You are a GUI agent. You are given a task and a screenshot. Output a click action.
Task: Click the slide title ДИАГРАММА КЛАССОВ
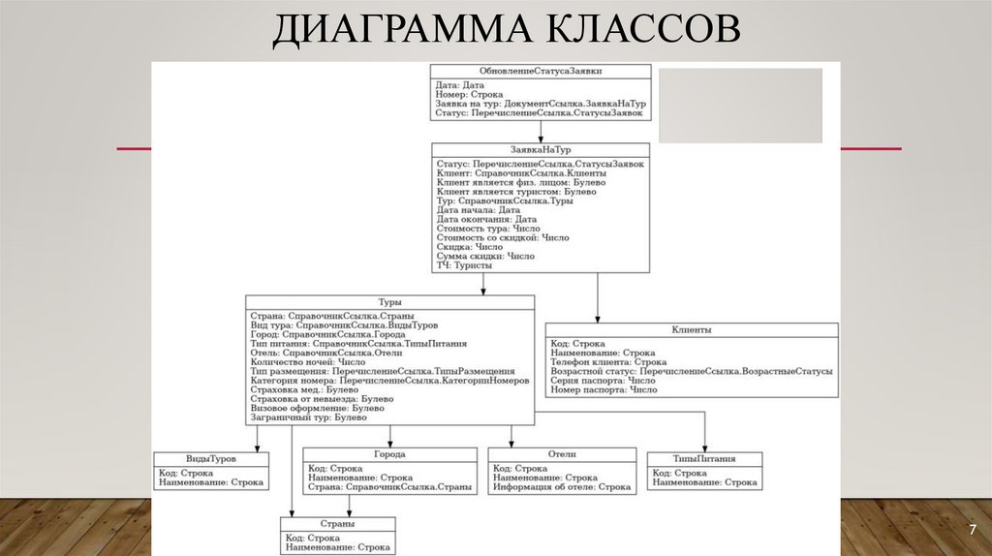(x=506, y=29)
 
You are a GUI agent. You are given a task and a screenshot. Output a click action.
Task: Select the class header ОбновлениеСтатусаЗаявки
(x=541, y=71)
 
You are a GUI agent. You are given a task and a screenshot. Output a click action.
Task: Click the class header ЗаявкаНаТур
(x=541, y=150)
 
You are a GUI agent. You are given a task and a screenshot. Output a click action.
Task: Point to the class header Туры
(x=389, y=302)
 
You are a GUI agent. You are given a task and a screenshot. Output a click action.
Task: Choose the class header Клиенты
(x=692, y=329)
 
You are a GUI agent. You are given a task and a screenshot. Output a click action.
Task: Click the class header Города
(x=389, y=453)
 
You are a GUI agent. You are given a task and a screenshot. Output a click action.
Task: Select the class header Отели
(x=561, y=453)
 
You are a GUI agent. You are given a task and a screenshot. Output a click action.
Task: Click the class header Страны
(x=338, y=523)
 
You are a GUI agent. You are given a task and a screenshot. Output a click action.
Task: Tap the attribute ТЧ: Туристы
(x=465, y=265)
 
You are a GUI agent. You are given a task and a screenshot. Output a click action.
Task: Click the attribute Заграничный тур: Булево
(x=309, y=417)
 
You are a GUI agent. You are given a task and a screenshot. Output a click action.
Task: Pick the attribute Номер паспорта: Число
(x=604, y=390)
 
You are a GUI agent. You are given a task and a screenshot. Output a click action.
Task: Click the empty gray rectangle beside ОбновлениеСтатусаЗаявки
(x=740, y=106)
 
